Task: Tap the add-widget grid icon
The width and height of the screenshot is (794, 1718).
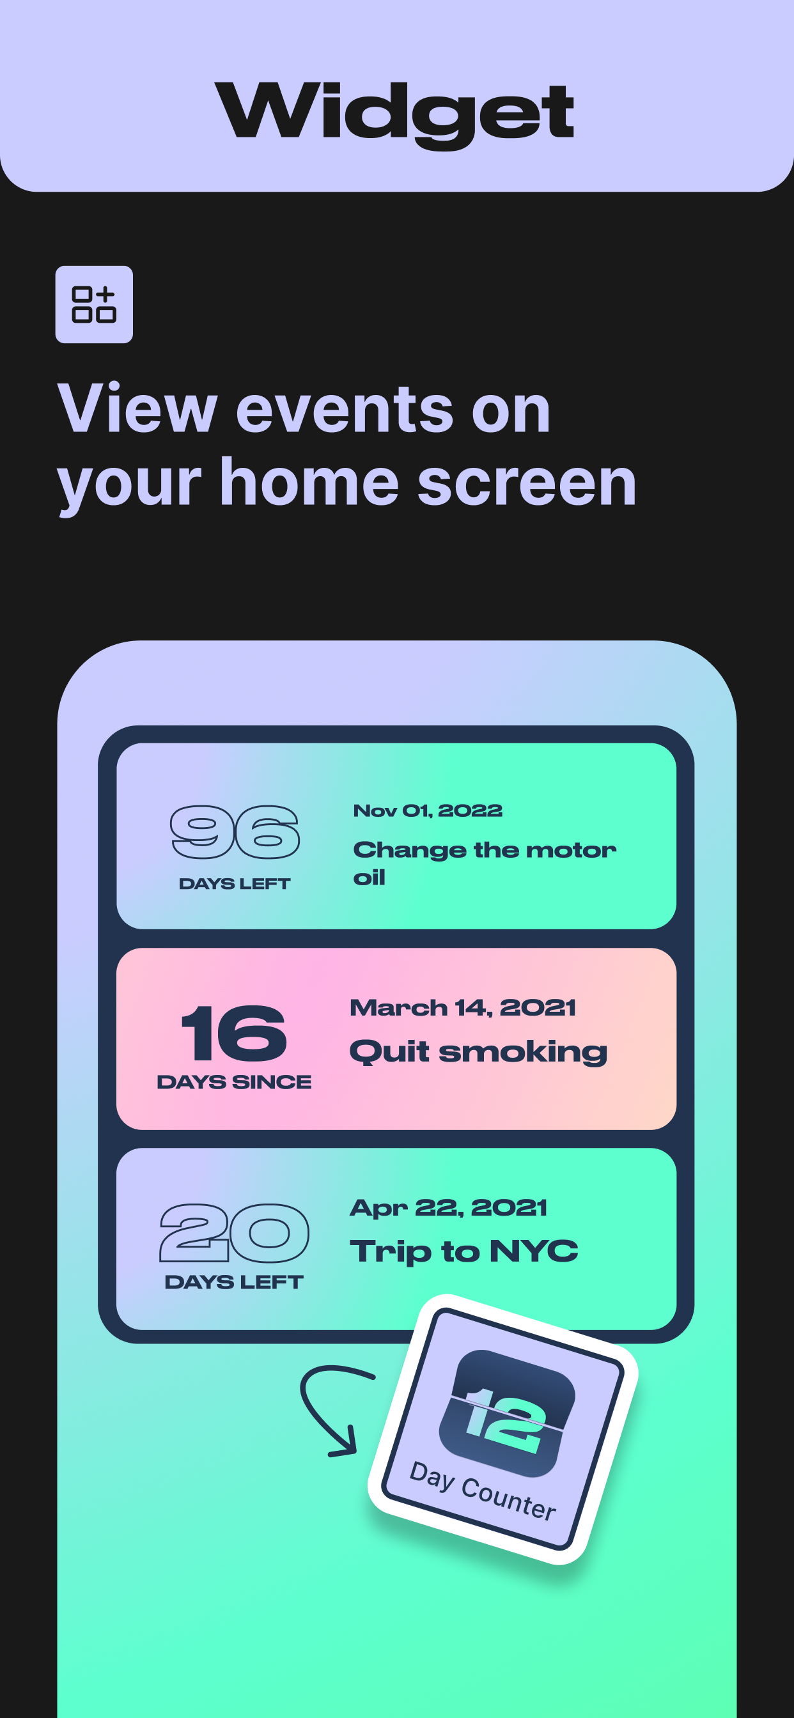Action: [x=94, y=305]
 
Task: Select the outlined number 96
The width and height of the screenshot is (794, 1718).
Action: [x=235, y=832]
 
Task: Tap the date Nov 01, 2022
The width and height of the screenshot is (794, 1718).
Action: [x=428, y=810]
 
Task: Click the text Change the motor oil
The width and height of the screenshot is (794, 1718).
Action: [x=485, y=863]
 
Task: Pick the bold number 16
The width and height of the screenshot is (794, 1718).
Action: [x=234, y=1032]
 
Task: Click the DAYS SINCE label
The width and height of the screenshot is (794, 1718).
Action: [x=234, y=1082]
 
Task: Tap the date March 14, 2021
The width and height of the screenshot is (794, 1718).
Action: [x=462, y=1008]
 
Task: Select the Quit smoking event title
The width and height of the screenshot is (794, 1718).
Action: [x=478, y=1053]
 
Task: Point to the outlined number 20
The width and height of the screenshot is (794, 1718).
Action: [x=234, y=1232]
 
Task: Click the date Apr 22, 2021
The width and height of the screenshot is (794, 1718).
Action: [x=448, y=1208]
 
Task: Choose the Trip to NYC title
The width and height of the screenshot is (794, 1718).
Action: [x=463, y=1251]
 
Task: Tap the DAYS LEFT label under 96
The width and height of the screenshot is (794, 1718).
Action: [x=235, y=884]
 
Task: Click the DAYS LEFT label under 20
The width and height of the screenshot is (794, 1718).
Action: [x=234, y=1282]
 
